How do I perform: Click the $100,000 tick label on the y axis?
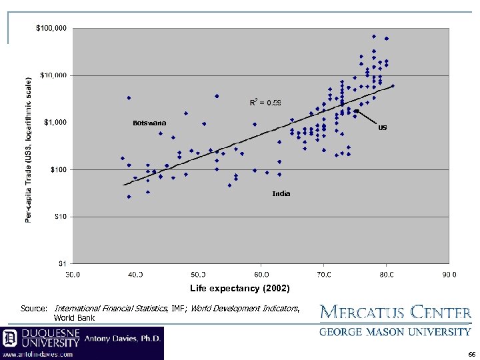(51, 29)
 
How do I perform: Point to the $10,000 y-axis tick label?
(53, 75)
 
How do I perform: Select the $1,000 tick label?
(55, 123)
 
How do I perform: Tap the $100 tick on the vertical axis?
(59, 169)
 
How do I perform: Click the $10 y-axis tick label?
(61, 217)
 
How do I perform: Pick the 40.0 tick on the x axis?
(135, 273)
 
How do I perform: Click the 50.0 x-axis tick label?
(198, 273)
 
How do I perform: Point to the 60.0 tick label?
(261, 273)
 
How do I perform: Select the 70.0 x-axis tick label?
(324, 273)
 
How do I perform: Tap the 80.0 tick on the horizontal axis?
(387, 273)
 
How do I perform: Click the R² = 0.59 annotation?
(265, 102)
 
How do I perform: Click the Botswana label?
(149, 123)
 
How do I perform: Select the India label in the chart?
(281, 193)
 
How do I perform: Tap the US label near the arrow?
(382, 127)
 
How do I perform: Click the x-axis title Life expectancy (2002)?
(230, 288)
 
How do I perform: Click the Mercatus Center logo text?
(395, 312)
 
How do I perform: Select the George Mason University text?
(395, 331)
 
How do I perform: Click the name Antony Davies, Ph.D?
(121, 339)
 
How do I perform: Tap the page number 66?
(471, 354)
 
